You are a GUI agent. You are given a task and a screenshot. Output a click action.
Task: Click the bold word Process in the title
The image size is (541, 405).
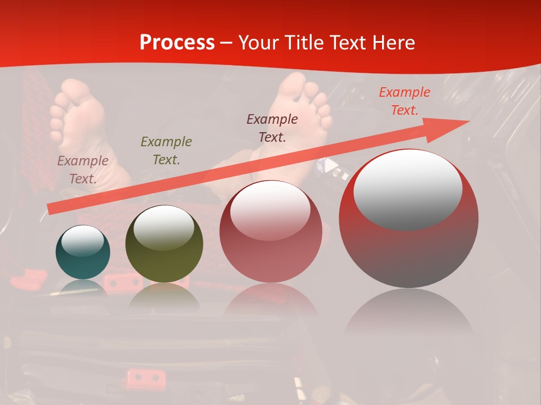[177, 43]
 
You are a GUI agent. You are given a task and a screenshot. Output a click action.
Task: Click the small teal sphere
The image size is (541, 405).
[83, 253]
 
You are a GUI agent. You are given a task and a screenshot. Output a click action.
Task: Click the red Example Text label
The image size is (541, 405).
[404, 101]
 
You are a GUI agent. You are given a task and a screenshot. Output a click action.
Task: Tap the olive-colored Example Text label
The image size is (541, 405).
[166, 150]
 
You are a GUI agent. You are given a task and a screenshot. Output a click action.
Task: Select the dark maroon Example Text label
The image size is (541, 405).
[272, 128]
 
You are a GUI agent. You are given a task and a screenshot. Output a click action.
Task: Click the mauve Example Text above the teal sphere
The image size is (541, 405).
[83, 169]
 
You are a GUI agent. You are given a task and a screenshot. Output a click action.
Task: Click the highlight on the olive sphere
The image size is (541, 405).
[164, 227]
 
